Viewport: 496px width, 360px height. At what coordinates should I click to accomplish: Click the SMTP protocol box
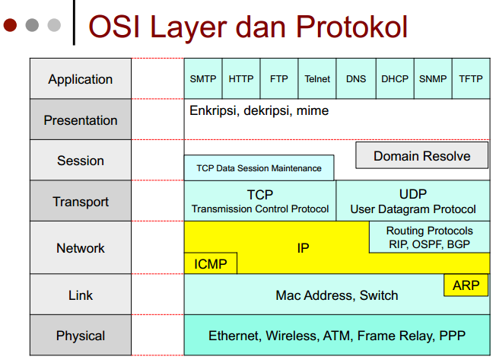pos(203,78)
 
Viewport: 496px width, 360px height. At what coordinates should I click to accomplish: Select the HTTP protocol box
pos(241,78)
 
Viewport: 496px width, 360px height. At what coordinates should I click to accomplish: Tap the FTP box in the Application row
pos(279,78)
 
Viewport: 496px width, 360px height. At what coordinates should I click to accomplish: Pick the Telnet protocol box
pos(317,78)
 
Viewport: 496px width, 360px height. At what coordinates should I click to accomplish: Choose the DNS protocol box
pos(356,78)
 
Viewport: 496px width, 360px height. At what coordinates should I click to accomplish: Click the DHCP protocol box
pos(395,78)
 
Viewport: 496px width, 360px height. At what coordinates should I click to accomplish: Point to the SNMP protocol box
pos(433,78)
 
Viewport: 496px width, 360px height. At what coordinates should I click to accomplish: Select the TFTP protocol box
pos(471,78)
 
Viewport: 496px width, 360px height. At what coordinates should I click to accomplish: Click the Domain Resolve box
pos(421,156)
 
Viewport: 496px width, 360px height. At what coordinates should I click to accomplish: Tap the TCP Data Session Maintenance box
pos(259,168)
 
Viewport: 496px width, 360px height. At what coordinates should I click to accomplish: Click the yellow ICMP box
pos(211,264)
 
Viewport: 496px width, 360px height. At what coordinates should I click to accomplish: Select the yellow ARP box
pos(466,285)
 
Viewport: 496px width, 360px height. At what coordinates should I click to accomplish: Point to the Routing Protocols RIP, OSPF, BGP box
pos(429,237)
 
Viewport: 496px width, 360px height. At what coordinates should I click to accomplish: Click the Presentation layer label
pos(81,120)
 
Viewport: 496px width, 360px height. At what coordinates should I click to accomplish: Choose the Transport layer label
pos(81,202)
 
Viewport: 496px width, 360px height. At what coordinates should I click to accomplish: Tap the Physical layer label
pos(81,336)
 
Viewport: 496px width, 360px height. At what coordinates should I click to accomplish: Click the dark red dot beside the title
pos(10,25)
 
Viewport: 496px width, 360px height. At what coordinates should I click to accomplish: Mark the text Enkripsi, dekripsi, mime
pos(259,111)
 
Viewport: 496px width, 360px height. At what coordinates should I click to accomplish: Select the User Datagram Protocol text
pos(413,209)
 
